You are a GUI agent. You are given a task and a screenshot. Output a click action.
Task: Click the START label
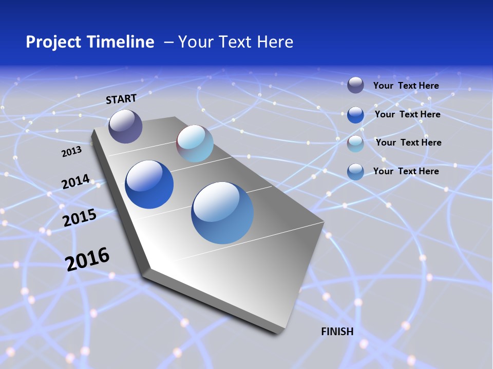tap(121, 99)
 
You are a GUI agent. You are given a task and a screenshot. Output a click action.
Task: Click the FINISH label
tap(337, 332)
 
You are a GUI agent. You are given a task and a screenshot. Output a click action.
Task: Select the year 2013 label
tap(71, 152)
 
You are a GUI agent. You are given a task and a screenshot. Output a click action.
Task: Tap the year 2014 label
tap(75, 181)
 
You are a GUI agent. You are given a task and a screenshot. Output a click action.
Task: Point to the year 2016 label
tap(87, 259)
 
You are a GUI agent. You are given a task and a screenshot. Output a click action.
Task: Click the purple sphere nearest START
tap(125, 126)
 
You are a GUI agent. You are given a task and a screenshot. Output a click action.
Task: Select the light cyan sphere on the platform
tap(195, 143)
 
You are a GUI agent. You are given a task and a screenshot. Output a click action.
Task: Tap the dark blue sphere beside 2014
tap(149, 184)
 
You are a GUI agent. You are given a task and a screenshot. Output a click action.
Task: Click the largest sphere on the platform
tap(222, 213)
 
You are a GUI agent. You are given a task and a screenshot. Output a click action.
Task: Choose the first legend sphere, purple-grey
tap(355, 85)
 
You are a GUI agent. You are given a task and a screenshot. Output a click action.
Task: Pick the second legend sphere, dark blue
tap(355, 114)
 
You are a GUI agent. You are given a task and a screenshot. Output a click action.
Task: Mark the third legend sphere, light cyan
tap(355, 143)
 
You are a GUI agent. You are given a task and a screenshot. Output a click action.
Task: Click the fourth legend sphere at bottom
tap(355, 172)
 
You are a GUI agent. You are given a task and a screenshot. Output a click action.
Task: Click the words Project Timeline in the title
tap(90, 42)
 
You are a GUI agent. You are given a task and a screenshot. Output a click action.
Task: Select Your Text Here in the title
tap(236, 42)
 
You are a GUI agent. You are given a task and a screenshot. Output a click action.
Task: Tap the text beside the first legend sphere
tap(406, 86)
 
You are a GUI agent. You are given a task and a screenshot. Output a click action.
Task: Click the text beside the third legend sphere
tap(408, 142)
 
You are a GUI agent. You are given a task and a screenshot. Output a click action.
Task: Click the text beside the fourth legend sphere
tap(406, 171)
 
